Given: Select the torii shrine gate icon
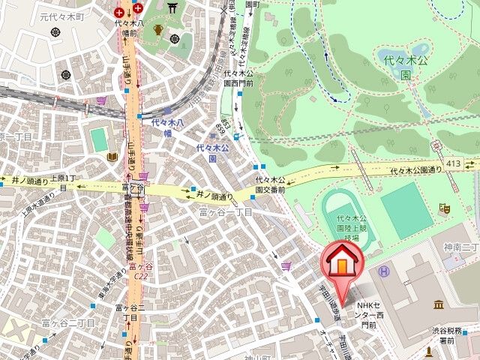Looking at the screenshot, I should (173, 8).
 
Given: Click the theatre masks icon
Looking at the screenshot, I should (444, 207).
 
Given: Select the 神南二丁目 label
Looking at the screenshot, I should (460, 247).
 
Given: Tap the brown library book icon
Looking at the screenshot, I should (112, 156).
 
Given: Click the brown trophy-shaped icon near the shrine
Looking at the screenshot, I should (157, 30).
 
